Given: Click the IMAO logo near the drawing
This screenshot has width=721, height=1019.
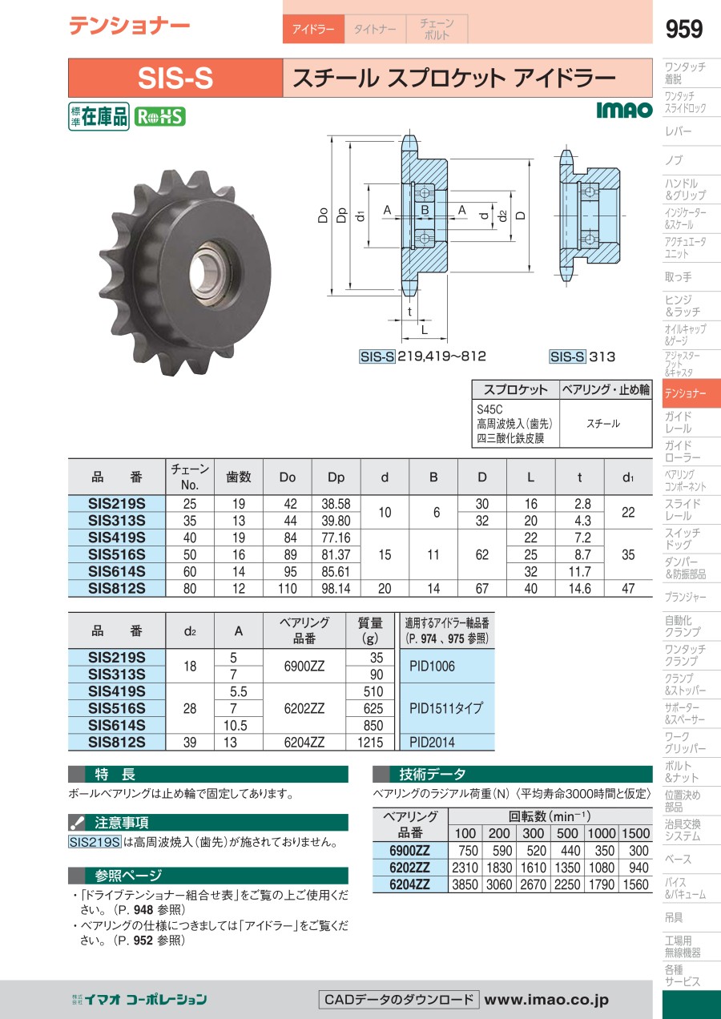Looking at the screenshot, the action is [x=624, y=110].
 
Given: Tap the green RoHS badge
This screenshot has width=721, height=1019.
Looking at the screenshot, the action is [x=159, y=117].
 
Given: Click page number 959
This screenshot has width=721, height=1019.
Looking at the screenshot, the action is [x=683, y=29].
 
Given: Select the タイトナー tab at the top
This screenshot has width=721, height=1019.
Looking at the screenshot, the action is [x=375, y=30].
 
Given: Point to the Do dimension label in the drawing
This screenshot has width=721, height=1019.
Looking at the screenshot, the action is [x=323, y=215].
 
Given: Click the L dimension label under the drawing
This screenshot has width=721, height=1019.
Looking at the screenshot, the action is [x=424, y=330].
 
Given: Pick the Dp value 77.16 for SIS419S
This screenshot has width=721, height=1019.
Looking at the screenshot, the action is [x=336, y=538].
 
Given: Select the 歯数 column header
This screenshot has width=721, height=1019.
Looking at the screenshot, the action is [x=239, y=477].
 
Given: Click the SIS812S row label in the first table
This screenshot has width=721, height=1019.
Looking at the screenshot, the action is [x=117, y=589].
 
